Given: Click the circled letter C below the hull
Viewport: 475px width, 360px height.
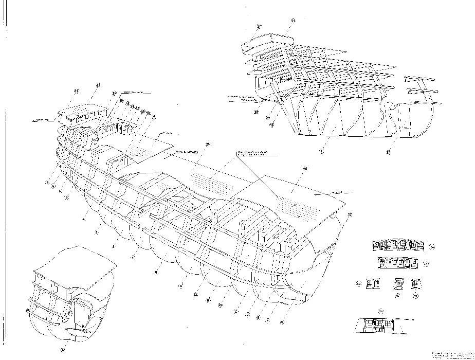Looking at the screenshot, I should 235,311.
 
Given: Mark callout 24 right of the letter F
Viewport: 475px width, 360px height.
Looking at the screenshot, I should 283,322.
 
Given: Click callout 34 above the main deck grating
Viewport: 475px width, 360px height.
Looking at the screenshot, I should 207,145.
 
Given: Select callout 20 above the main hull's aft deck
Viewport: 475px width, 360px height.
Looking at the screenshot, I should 305,169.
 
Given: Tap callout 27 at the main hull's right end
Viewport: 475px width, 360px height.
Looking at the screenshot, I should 351,214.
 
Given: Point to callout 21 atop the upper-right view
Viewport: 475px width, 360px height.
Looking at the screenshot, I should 293,21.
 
